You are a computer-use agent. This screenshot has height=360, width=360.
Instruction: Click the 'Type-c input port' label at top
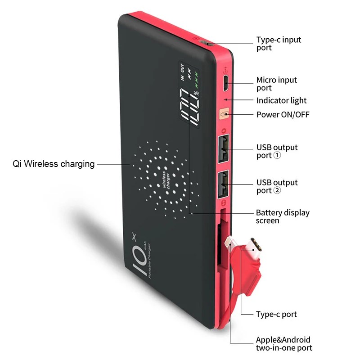(279, 44)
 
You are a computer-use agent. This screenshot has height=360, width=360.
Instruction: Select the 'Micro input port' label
(276, 84)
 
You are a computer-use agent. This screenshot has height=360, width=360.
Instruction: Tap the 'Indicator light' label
(281, 100)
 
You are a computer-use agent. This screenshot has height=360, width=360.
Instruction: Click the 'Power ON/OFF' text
(283, 114)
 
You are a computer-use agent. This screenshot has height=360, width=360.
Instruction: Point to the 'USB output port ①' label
(277, 151)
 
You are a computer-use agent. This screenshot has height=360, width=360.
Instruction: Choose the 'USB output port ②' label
(277, 186)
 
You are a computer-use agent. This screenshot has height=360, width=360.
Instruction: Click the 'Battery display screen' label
(283, 216)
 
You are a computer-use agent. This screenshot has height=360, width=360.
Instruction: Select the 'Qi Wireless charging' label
(54, 164)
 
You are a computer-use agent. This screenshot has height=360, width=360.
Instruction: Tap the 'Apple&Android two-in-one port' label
(283, 344)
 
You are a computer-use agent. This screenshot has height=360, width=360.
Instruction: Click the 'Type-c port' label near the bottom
(276, 314)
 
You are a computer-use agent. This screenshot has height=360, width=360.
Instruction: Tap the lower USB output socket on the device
(222, 184)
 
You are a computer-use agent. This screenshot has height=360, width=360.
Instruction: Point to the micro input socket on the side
(226, 81)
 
